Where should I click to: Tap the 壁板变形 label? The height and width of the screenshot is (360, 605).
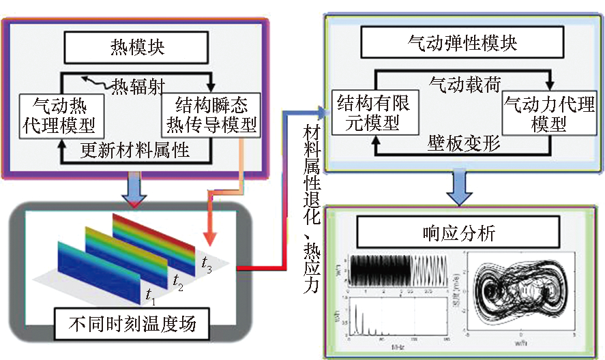tap(464, 144)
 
